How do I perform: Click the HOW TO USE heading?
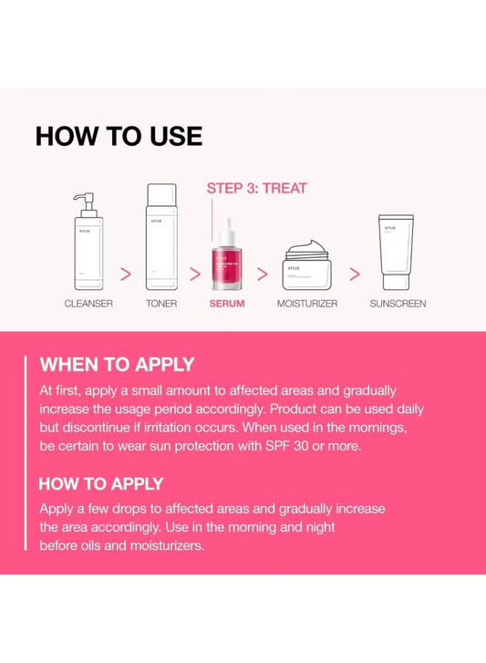(x=119, y=136)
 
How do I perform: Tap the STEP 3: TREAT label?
(x=256, y=188)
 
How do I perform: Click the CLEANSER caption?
(x=88, y=303)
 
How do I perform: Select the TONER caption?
(x=160, y=303)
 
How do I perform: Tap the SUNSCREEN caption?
(x=397, y=303)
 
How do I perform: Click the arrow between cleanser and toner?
(x=126, y=273)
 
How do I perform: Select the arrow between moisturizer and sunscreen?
(x=355, y=273)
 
